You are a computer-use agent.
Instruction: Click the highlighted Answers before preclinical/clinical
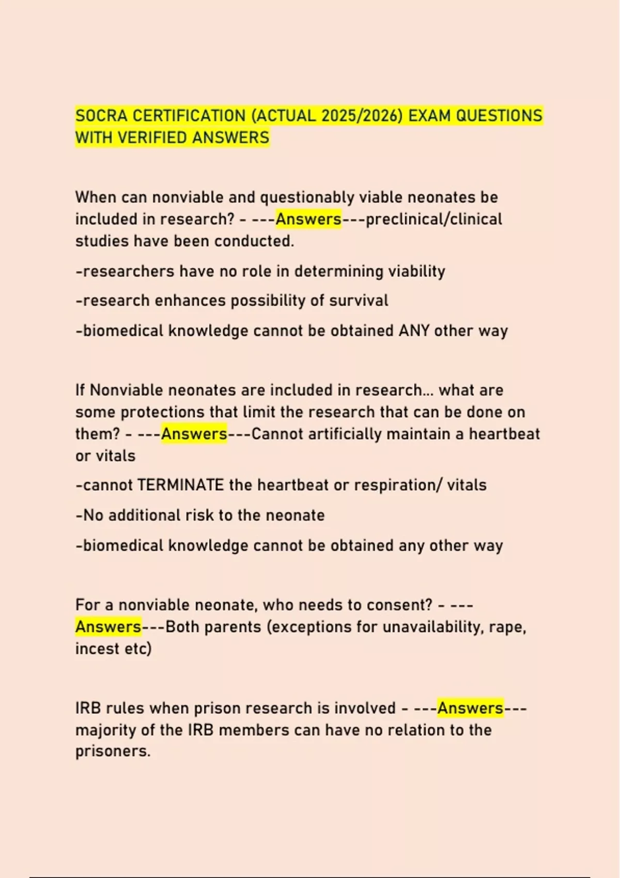308,219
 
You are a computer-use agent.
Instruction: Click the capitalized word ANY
414,331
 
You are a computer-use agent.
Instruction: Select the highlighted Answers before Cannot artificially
194,434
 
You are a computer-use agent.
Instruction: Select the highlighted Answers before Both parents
108,626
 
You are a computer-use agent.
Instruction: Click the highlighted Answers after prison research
470,708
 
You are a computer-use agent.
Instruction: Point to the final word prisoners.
113,751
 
